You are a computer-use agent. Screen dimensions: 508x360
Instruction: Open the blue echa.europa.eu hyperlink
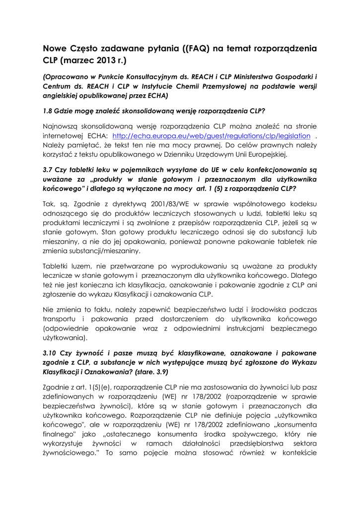pyautogui.click(x=212, y=136)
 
